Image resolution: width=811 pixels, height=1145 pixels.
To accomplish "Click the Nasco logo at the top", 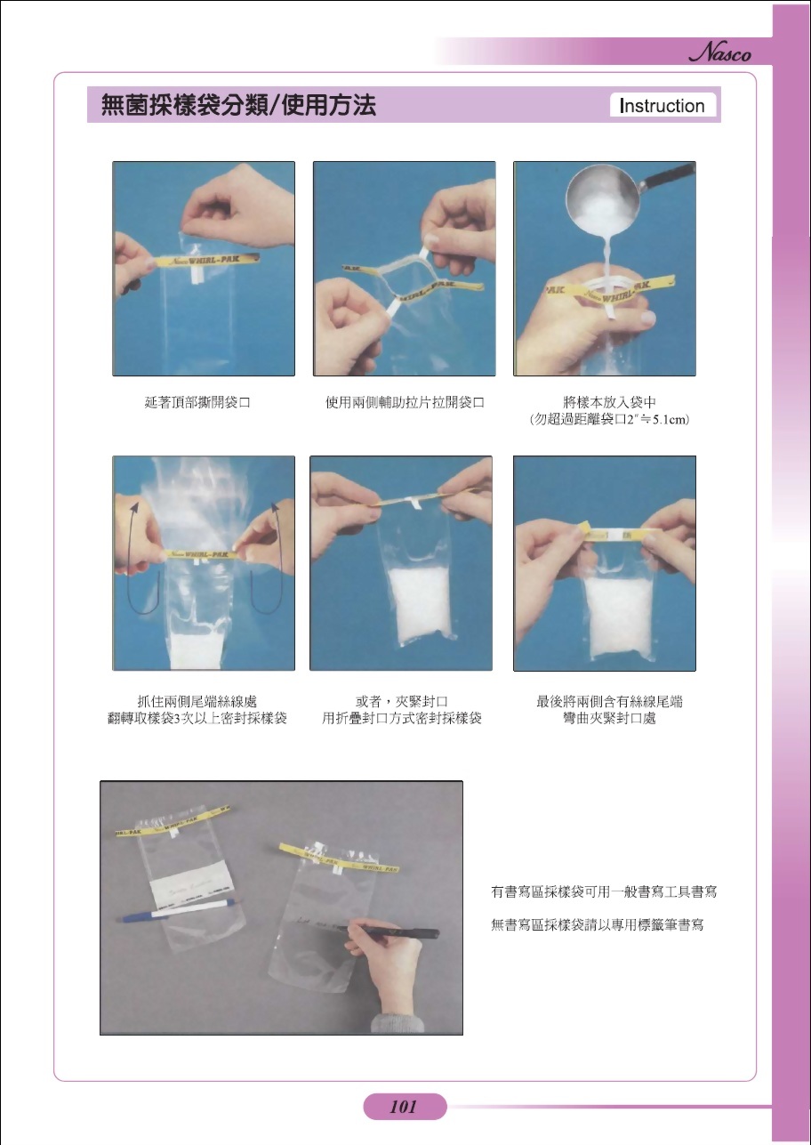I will [x=720, y=54].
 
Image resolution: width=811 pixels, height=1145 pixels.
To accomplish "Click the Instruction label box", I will [x=662, y=106].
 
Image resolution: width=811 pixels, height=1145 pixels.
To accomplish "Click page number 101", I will [x=404, y=1107].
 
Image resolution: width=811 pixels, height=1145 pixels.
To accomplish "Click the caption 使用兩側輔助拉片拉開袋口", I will [x=405, y=403].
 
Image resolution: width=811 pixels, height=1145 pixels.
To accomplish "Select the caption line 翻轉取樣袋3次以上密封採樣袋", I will [x=197, y=719].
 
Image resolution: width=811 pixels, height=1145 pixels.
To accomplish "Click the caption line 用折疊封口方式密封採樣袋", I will [x=402, y=719].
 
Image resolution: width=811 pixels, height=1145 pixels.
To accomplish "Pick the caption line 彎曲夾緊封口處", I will [x=610, y=719].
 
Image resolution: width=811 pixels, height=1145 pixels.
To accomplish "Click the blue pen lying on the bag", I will [x=178, y=909].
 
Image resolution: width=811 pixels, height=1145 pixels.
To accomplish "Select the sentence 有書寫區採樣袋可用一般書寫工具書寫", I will [x=605, y=891].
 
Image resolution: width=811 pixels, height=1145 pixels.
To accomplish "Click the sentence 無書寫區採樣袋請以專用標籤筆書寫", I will [x=598, y=925].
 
